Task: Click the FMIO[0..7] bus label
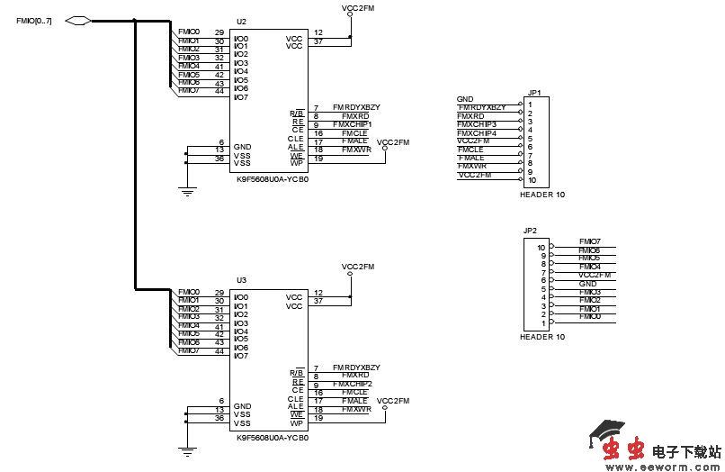34,20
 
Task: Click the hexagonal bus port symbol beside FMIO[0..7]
79,20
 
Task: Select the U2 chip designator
241,21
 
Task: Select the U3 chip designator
241,281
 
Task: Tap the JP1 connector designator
534,92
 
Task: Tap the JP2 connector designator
530,231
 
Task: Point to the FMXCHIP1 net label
353,124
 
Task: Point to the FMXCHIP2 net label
353,384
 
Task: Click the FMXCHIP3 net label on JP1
477,124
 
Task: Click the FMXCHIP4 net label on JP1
477,132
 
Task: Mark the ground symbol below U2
187,190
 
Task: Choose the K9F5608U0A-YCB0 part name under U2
273,179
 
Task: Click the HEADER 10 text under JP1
543,195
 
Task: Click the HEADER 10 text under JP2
543,337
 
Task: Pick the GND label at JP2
587,284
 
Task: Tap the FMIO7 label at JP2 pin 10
590,242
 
